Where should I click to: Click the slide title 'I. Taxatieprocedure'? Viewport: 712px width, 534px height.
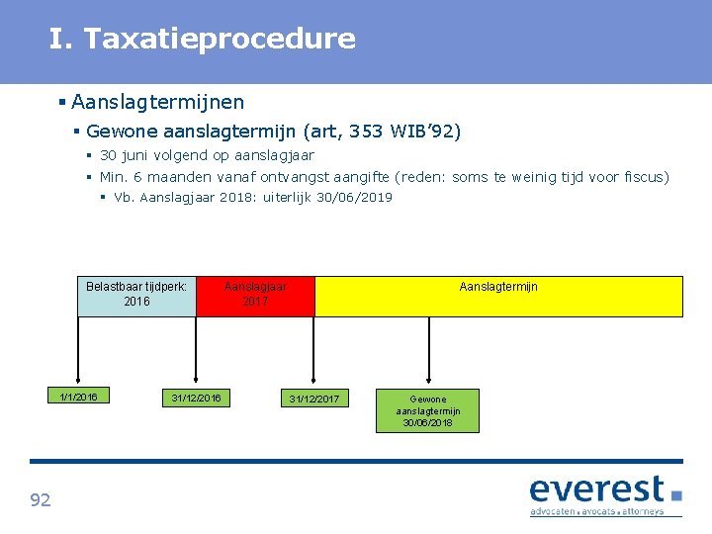(x=203, y=40)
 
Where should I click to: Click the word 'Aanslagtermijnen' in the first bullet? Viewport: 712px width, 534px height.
(x=158, y=102)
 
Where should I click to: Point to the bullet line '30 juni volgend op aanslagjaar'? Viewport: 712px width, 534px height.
(x=207, y=155)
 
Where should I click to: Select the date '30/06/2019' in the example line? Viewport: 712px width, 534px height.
(x=354, y=197)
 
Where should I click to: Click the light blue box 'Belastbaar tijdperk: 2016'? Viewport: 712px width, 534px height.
(x=136, y=296)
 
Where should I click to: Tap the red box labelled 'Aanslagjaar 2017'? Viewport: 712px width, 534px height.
(x=255, y=296)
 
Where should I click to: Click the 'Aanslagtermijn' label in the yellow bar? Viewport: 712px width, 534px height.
(x=498, y=287)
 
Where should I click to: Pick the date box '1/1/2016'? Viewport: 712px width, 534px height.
(x=78, y=397)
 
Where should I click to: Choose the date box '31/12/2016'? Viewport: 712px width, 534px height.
(x=196, y=398)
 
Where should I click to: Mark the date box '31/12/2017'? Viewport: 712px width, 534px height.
(x=313, y=399)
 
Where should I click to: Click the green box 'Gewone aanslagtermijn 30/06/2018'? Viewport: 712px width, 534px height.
(x=427, y=410)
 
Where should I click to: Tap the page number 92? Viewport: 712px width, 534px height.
(x=41, y=500)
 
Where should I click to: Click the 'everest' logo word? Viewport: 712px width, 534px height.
(x=596, y=489)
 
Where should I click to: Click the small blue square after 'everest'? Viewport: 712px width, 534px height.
(x=676, y=494)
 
